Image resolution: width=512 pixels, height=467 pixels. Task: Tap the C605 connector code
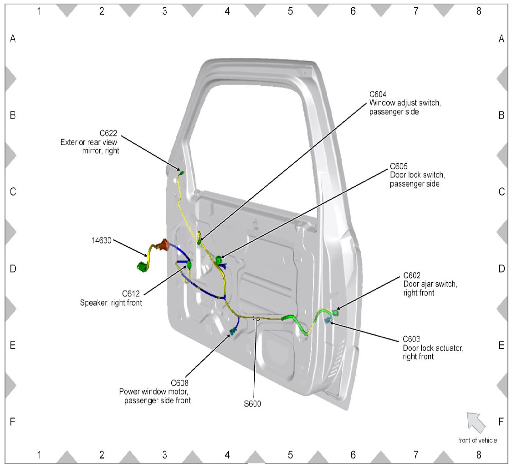[x=399, y=166]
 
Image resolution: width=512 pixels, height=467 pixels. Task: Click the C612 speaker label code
[x=132, y=294]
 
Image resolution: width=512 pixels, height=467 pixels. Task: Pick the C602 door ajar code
[x=413, y=276]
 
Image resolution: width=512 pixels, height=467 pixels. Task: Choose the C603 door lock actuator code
[x=412, y=339]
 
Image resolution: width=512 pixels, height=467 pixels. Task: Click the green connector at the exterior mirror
[x=181, y=173]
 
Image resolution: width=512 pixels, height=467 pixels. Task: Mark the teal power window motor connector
[x=234, y=332]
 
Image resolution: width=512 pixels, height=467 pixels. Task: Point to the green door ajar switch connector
[x=336, y=312]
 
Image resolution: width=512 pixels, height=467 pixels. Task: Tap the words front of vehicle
[x=477, y=441]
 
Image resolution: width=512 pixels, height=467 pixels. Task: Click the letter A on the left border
[x=13, y=39]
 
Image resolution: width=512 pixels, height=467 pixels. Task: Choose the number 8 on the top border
[x=478, y=11]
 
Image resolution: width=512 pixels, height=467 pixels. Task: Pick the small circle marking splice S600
[x=257, y=319]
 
